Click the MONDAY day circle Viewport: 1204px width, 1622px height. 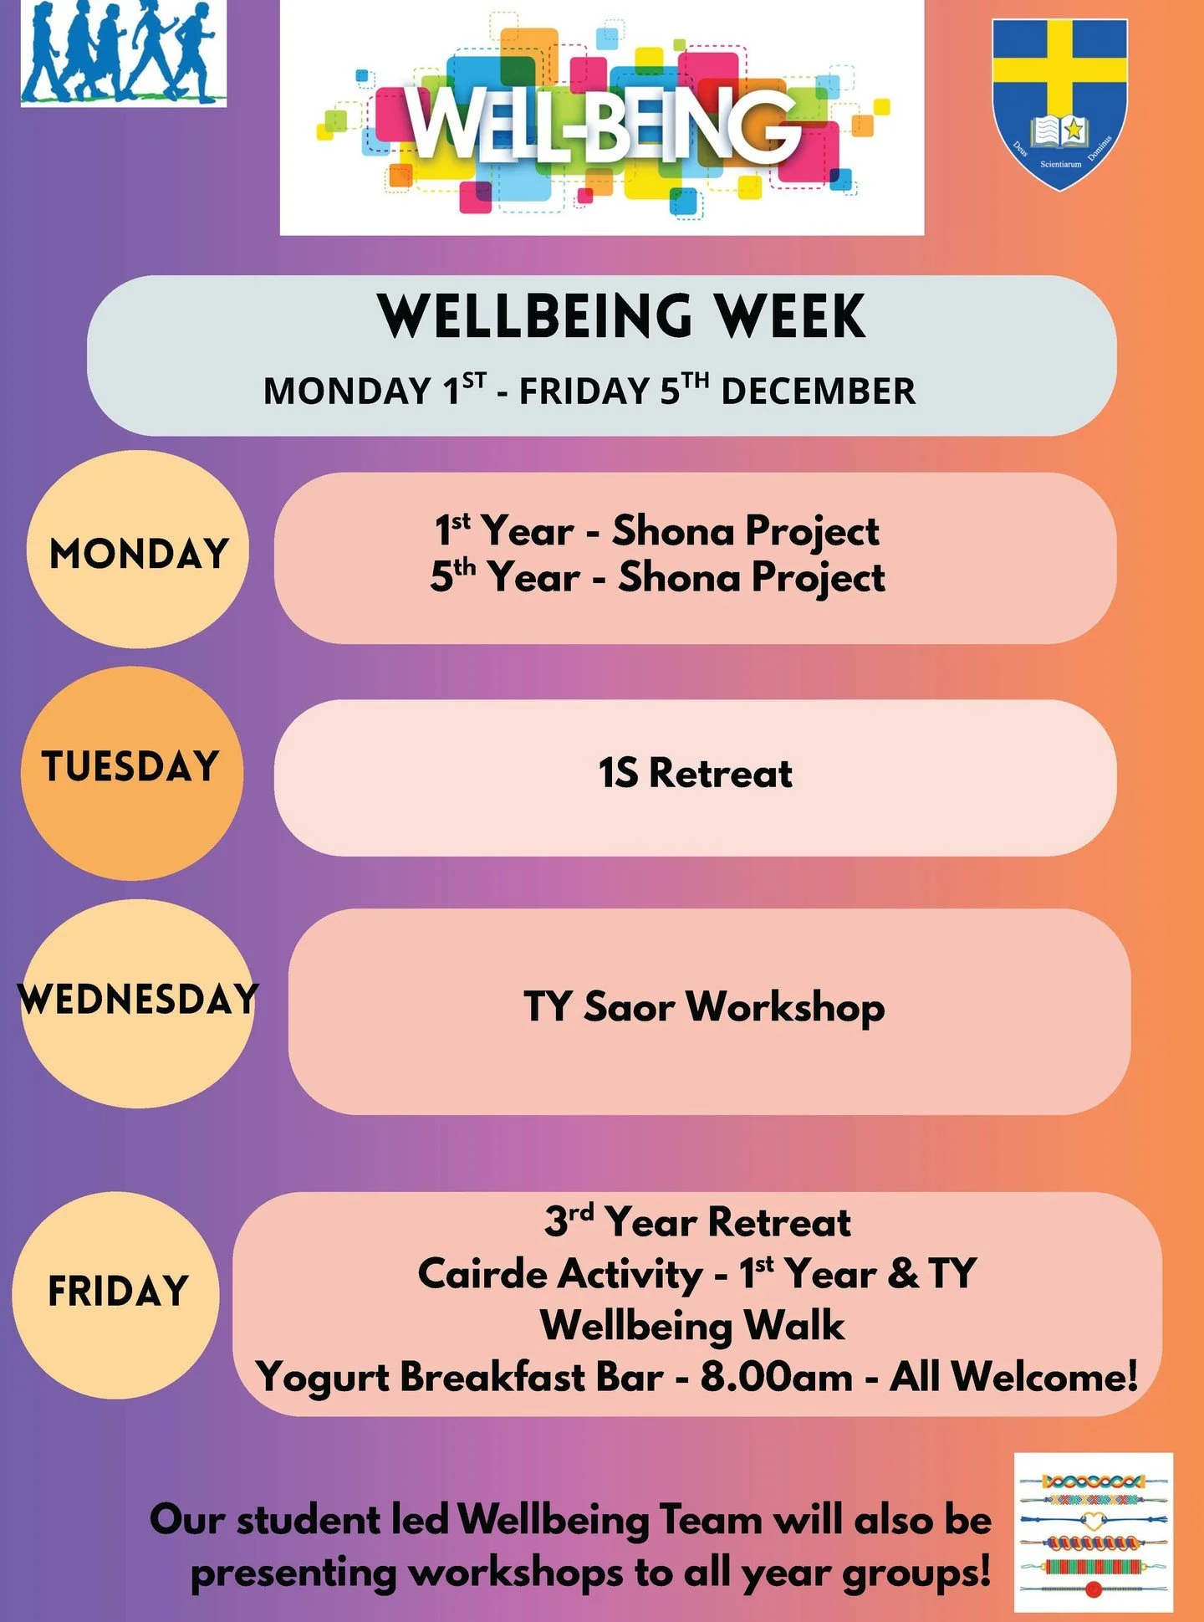(138, 550)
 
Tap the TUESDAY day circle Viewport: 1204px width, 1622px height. (132, 772)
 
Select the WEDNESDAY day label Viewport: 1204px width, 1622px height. (138, 1000)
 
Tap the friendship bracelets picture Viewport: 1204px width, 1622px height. (1093, 1532)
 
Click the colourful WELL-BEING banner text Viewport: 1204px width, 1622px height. (602, 125)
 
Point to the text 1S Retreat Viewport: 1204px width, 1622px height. (695, 773)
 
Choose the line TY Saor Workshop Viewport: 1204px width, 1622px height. (704, 1006)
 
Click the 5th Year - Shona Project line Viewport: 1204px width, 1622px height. (657, 577)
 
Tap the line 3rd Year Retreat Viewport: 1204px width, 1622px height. (697, 1222)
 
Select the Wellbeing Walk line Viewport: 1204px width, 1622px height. (692, 1326)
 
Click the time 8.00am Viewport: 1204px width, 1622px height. (777, 1377)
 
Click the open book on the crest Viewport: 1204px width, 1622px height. (1059, 131)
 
